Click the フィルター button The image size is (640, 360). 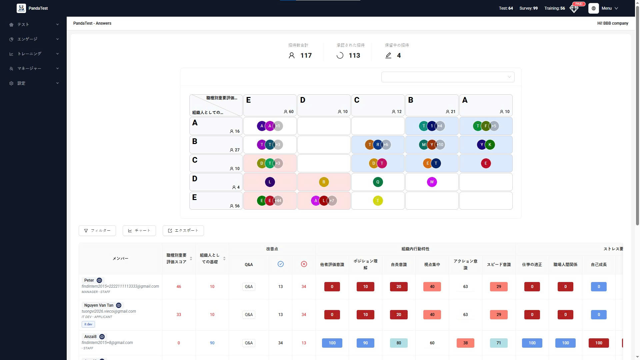97,231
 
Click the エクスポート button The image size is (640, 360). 183,231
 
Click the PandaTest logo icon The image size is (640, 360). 21,8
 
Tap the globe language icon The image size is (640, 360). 593,8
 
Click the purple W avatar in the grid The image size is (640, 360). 432,182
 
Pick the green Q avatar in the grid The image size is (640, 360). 378,182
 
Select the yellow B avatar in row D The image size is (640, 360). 324,182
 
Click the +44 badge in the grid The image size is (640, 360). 278,201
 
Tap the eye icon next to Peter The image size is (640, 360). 99,280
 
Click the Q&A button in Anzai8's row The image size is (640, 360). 249,343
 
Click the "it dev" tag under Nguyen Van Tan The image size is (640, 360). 88,324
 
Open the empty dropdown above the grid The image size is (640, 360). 448,77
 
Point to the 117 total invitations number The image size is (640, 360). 306,56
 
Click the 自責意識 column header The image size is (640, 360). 399,265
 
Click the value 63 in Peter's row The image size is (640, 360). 465,287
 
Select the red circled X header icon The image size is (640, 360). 304,264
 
